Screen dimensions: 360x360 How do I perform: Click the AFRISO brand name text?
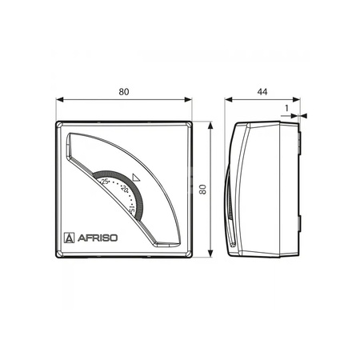[x=98, y=238]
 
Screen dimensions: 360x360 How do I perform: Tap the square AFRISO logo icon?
[x=70, y=238]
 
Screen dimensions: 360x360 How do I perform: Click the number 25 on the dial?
[x=105, y=182]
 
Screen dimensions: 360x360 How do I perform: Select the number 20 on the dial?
[x=125, y=188]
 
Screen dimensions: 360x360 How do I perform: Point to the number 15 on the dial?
[x=131, y=209]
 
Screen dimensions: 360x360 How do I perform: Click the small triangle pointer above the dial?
[x=136, y=178]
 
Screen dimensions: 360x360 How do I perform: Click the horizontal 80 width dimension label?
[x=124, y=92]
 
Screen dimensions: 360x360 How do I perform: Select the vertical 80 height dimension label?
[x=203, y=190]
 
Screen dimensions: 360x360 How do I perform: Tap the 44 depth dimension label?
[x=262, y=92]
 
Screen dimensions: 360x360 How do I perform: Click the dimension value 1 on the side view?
[x=286, y=108]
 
